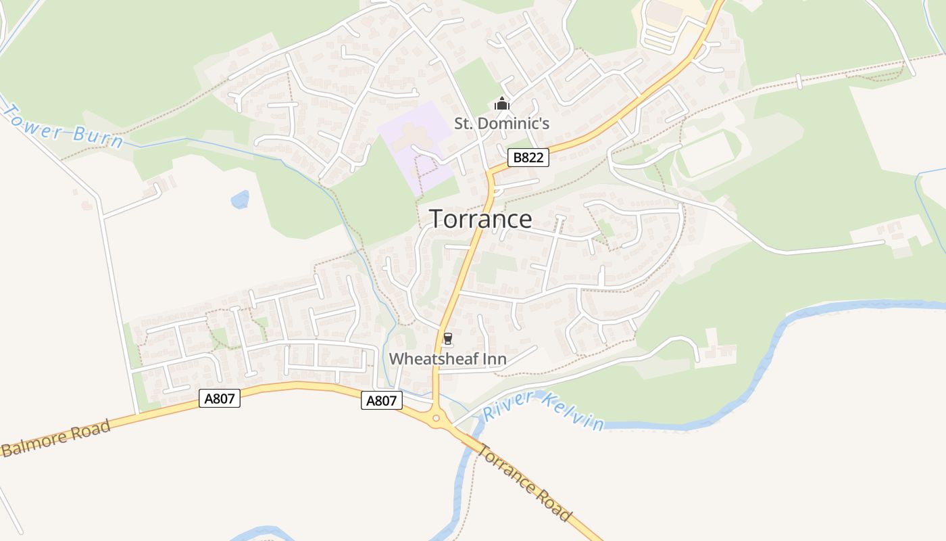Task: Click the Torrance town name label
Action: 480,219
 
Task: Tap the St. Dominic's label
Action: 501,123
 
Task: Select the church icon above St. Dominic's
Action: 501,104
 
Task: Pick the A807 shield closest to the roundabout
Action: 382,400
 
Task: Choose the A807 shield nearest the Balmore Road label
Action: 220,398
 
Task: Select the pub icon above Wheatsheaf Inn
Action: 447,339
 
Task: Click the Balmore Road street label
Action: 55,439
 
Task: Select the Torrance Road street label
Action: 524,482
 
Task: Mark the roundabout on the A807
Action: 436,419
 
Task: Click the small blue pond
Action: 240,199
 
